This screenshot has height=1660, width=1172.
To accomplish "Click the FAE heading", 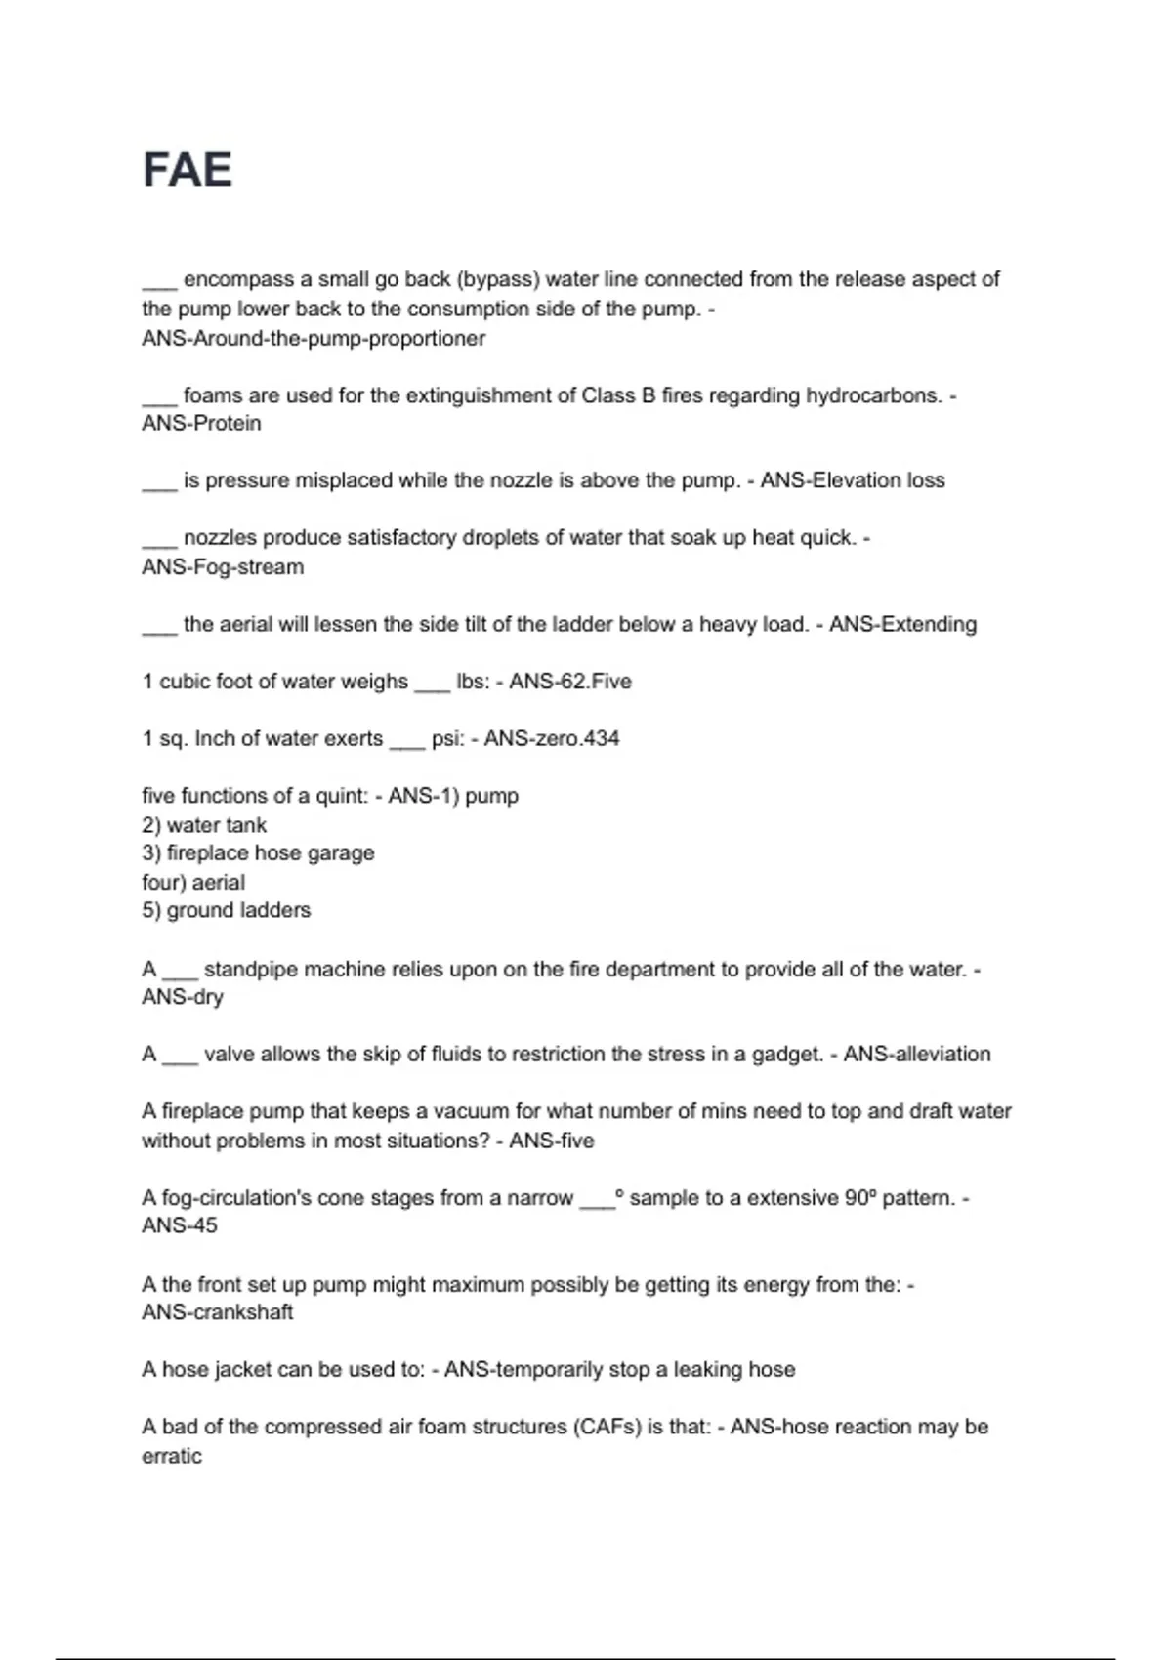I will (x=188, y=170).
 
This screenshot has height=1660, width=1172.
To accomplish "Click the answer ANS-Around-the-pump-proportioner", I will (x=314, y=339).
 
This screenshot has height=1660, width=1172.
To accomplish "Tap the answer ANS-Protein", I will (x=201, y=424).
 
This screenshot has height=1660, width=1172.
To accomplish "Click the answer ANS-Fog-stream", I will (x=223, y=567).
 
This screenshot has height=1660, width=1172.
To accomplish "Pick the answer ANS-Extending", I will (x=902, y=624).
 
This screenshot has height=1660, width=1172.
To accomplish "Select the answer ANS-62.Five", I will (x=569, y=682).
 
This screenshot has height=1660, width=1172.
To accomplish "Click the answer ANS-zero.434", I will (x=552, y=738).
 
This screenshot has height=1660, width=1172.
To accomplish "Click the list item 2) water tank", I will (x=204, y=825).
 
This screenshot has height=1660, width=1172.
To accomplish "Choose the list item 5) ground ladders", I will (x=226, y=910).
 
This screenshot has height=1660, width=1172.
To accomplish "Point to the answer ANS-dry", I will (x=183, y=997).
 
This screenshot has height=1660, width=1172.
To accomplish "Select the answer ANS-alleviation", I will (x=917, y=1055).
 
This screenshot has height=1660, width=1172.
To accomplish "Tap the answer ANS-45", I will (x=180, y=1225).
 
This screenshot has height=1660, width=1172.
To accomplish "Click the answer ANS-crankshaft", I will (x=217, y=1312).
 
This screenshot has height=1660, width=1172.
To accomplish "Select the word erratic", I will (x=172, y=1456).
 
